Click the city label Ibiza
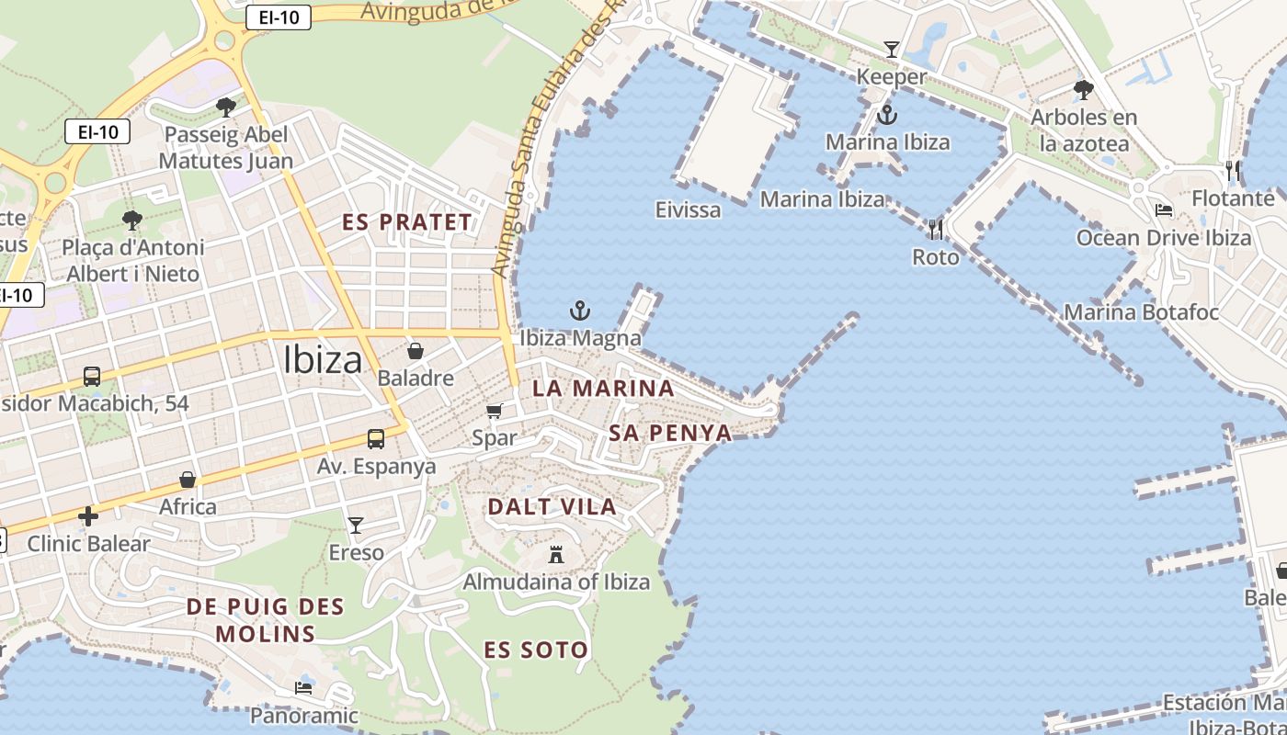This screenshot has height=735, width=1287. (323, 359)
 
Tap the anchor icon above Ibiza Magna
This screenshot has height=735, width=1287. (579, 311)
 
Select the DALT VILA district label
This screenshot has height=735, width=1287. (552, 506)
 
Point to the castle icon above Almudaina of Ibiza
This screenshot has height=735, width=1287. (555, 554)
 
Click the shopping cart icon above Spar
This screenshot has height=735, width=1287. (495, 411)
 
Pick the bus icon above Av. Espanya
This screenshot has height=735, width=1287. (375, 438)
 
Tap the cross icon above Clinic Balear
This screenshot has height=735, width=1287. (88, 516)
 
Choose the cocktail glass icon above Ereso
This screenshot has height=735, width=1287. (356, 525)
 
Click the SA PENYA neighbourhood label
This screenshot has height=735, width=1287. (670, 433)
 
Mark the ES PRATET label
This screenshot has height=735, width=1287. (406, 221)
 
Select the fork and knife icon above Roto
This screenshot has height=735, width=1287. (936, 229)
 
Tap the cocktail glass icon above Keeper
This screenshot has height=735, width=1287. (891, 49)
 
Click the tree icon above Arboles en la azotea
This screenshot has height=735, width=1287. (1084, 90)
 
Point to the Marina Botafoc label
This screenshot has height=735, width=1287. (1141, 312)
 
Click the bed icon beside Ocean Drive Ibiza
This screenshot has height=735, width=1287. (1164, 210)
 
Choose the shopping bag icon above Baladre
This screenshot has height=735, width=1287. (416, 351)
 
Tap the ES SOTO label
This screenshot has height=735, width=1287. (536, 650)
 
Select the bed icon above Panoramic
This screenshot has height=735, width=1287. (303, 687)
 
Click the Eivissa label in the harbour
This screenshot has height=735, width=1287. (689, 209)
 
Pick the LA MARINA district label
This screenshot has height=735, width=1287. (603, 388)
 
